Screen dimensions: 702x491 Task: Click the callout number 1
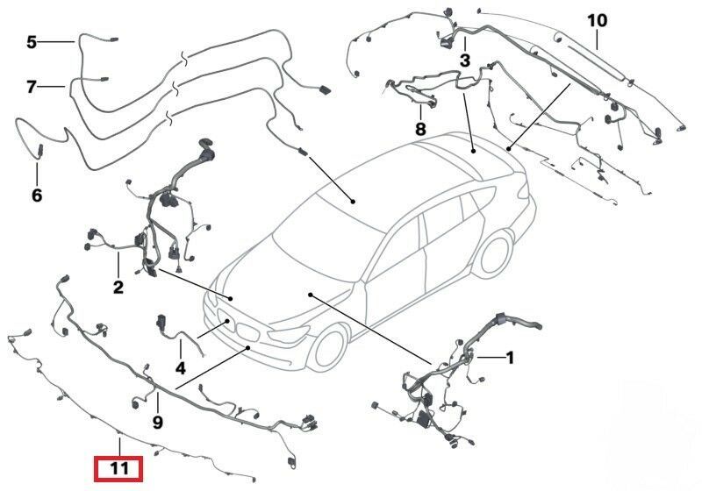[509, 358]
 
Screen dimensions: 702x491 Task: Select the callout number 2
[118, 287]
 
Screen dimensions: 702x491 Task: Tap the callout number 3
[465, 60]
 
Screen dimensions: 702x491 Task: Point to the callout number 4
[181, 368]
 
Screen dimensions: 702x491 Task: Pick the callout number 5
[32, 42]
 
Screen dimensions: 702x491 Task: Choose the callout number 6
[37, 195]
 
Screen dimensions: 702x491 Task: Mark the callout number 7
[31, 87]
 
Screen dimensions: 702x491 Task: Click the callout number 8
[420, 129]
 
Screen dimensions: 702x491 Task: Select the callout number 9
[158, 422]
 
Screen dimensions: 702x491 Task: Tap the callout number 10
[598, 20]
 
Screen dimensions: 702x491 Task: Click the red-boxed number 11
[118, 468]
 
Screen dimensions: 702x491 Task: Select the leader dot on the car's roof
[474, 152]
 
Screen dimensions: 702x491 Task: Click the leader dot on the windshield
[353, 202]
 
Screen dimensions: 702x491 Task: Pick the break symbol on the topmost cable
[183, 57]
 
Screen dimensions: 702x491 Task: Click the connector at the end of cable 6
[39, 150]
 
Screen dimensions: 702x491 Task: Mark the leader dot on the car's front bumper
[248, 347]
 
